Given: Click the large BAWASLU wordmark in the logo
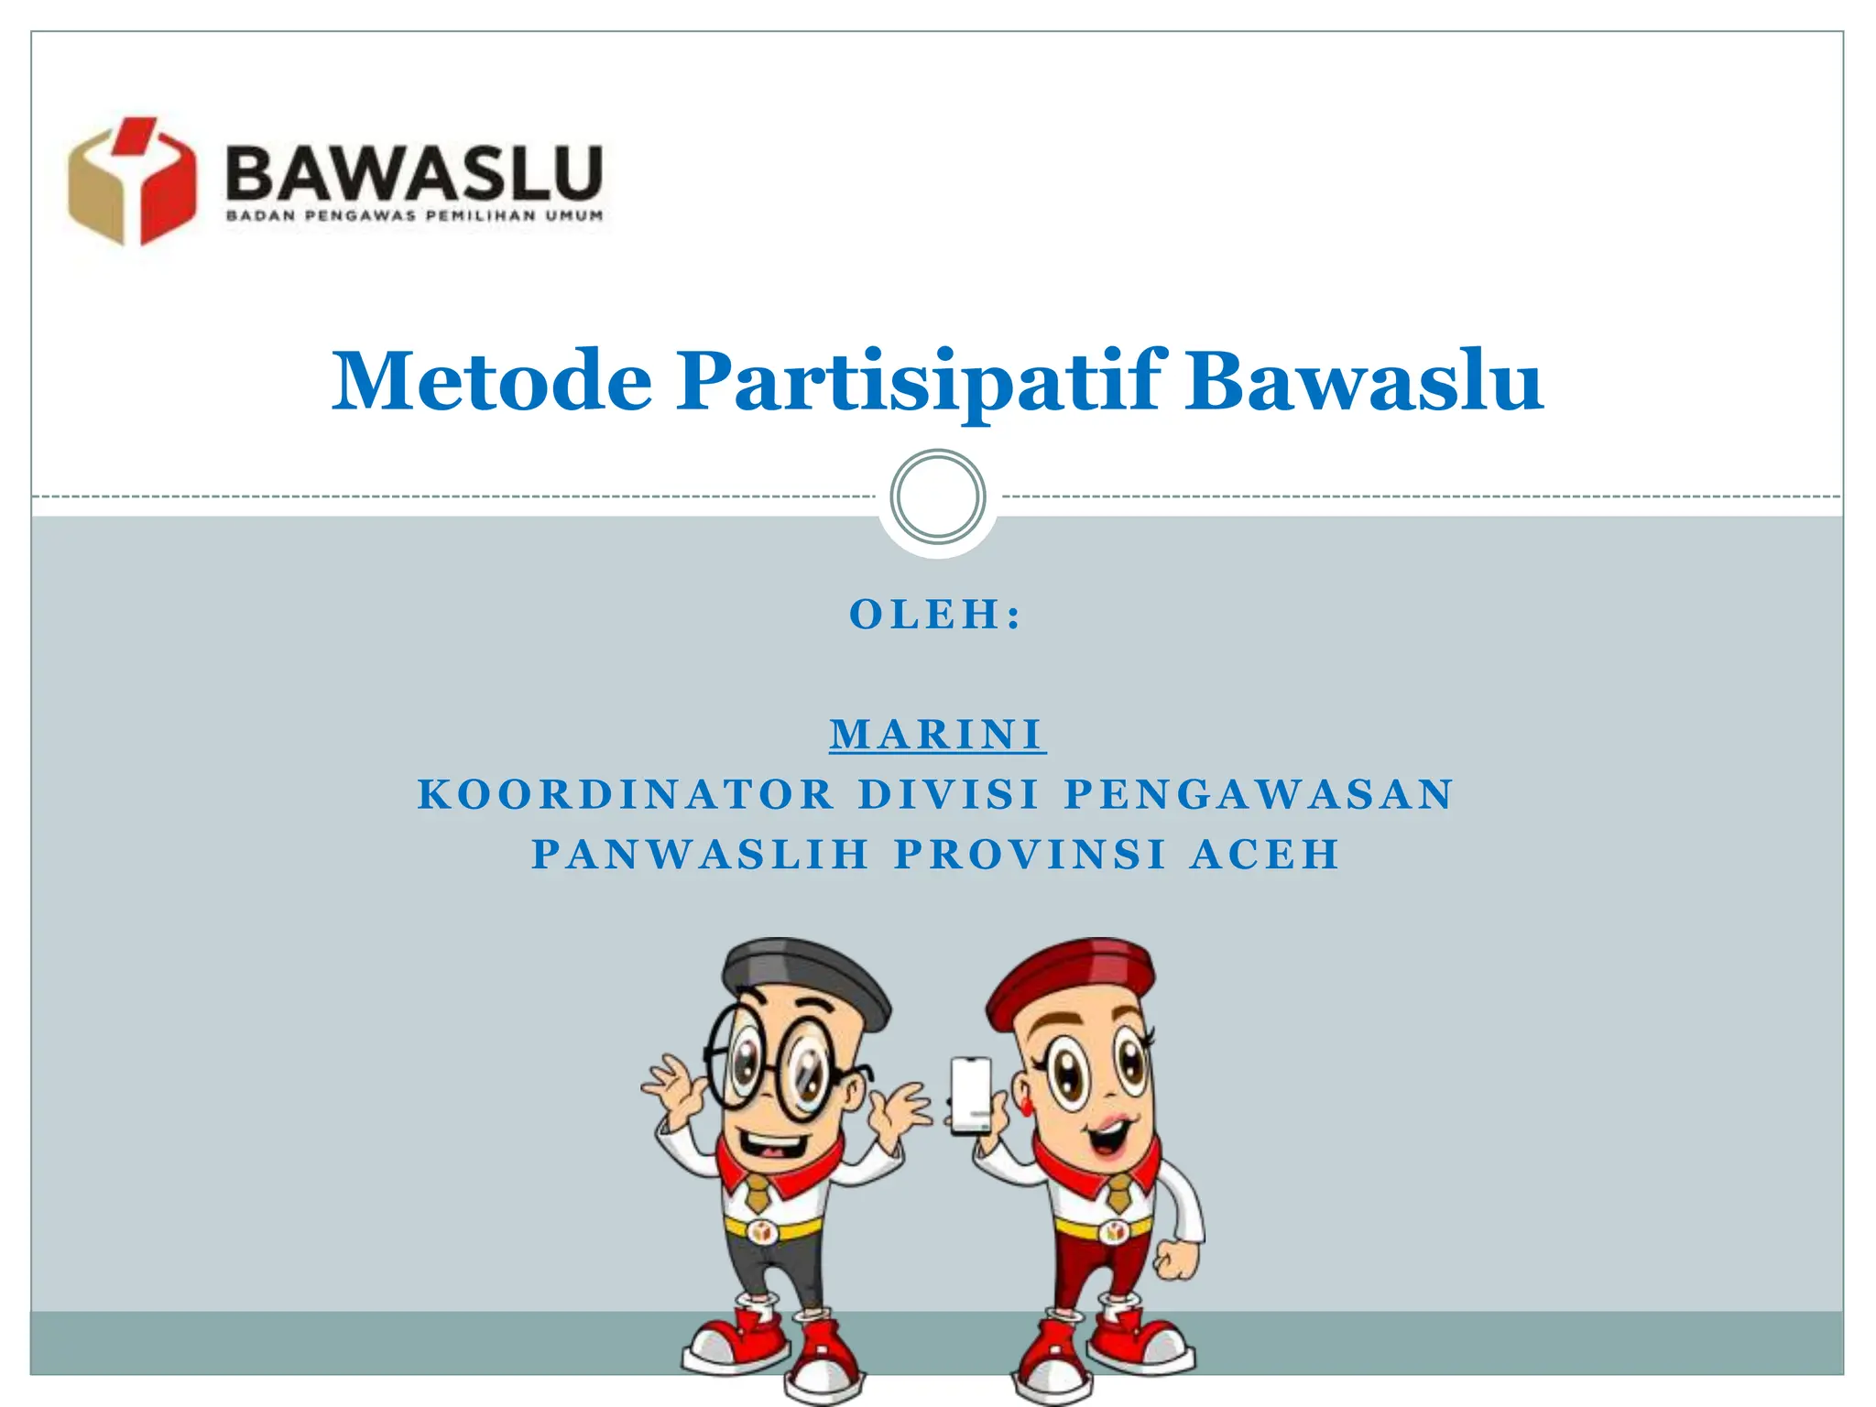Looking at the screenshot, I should [414, 174].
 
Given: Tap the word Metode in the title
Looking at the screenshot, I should [492, 381].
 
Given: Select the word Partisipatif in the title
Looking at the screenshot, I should [922, 381].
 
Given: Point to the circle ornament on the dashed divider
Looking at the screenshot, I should [937, 497].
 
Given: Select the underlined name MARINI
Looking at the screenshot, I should [937, 735].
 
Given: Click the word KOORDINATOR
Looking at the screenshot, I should [627, 794].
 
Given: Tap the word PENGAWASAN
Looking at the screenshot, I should [1259, 794].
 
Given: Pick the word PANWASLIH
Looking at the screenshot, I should [701, 855].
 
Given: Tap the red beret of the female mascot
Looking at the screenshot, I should [1072, 976].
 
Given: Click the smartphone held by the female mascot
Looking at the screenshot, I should [970, 1095].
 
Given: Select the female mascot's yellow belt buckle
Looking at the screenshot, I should [1115, 1232].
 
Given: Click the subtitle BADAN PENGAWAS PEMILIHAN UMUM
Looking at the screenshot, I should [414, 217].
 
